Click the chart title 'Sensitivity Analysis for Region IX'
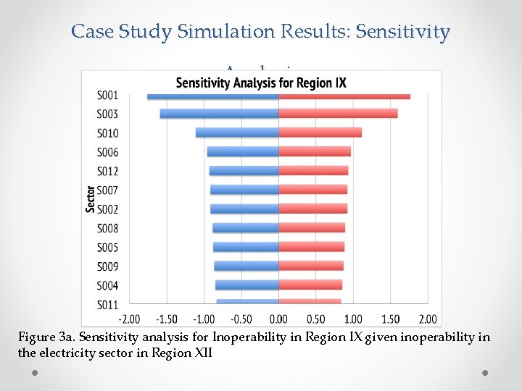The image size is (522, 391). coord(261,82)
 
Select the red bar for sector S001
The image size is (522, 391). coord(344,96)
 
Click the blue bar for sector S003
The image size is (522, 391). coord(219,114)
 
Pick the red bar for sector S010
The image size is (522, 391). coord(320,133)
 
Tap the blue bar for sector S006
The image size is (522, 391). coord(243,151)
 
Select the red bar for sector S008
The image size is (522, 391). coord(312,228)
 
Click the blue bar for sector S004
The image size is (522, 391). coord(246,285)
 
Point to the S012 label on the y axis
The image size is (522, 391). coord(107,172)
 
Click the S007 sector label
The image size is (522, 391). coord(107,190)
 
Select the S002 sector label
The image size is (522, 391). coord(107,209)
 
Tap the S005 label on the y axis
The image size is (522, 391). coord(107,248)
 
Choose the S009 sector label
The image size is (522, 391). coord(107,266)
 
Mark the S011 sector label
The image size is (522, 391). coord(107,304)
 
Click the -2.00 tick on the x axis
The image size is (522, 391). coord(129,319)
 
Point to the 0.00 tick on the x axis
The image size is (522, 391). coord(278,319)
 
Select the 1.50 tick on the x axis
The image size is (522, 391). coord(390,319)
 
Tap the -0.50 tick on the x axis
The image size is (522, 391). coord(241,319)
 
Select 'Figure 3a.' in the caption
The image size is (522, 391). coord(46,338)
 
